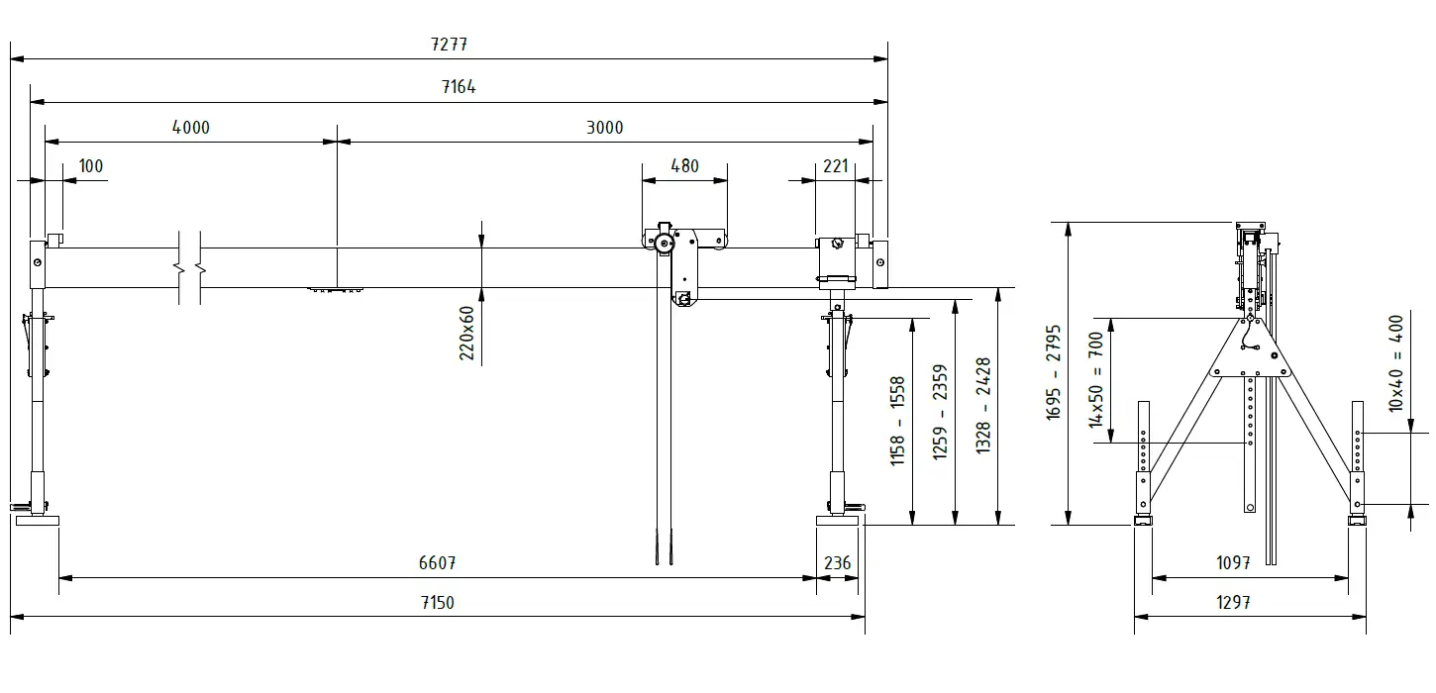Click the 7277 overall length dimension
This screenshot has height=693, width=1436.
(449, 45)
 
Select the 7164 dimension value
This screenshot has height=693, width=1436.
(459, 86)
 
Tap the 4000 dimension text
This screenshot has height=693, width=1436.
(191, 128)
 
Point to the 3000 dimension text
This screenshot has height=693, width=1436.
(604, 128)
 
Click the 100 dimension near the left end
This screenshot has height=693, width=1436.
(90, 166)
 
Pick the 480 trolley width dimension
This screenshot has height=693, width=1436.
(684, 166)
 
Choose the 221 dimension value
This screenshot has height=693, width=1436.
(835, 166)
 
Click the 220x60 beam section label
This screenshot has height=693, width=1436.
(466, 334)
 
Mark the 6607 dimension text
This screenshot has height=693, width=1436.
(437, 563)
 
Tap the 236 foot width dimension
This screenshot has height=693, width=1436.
(837, 563)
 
